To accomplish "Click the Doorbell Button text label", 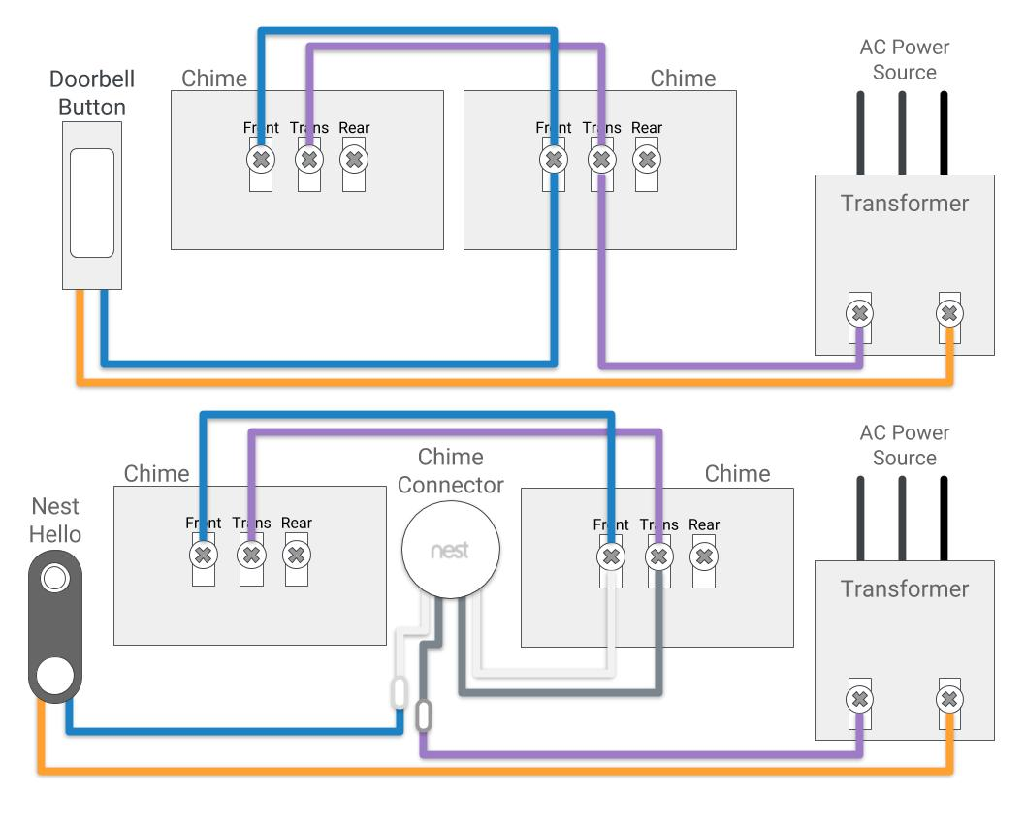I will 91,93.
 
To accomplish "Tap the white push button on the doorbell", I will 92,203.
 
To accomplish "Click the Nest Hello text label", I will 54,520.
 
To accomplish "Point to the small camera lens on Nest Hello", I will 54,579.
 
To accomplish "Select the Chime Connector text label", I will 451,470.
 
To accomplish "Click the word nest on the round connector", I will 450,551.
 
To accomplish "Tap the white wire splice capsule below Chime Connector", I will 399,692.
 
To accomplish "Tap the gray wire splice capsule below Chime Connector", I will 423,716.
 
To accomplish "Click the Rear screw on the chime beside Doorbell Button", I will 355,159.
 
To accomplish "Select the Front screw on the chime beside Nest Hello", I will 203,556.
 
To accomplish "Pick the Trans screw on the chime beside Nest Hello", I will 251,556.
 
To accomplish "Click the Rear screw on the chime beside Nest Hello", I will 297,556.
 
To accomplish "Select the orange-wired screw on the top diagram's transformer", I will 949,313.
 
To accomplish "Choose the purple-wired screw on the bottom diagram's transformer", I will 859,699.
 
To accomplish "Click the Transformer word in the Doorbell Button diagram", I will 904,204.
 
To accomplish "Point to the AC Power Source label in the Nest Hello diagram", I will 904,445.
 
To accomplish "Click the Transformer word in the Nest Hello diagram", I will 904,589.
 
